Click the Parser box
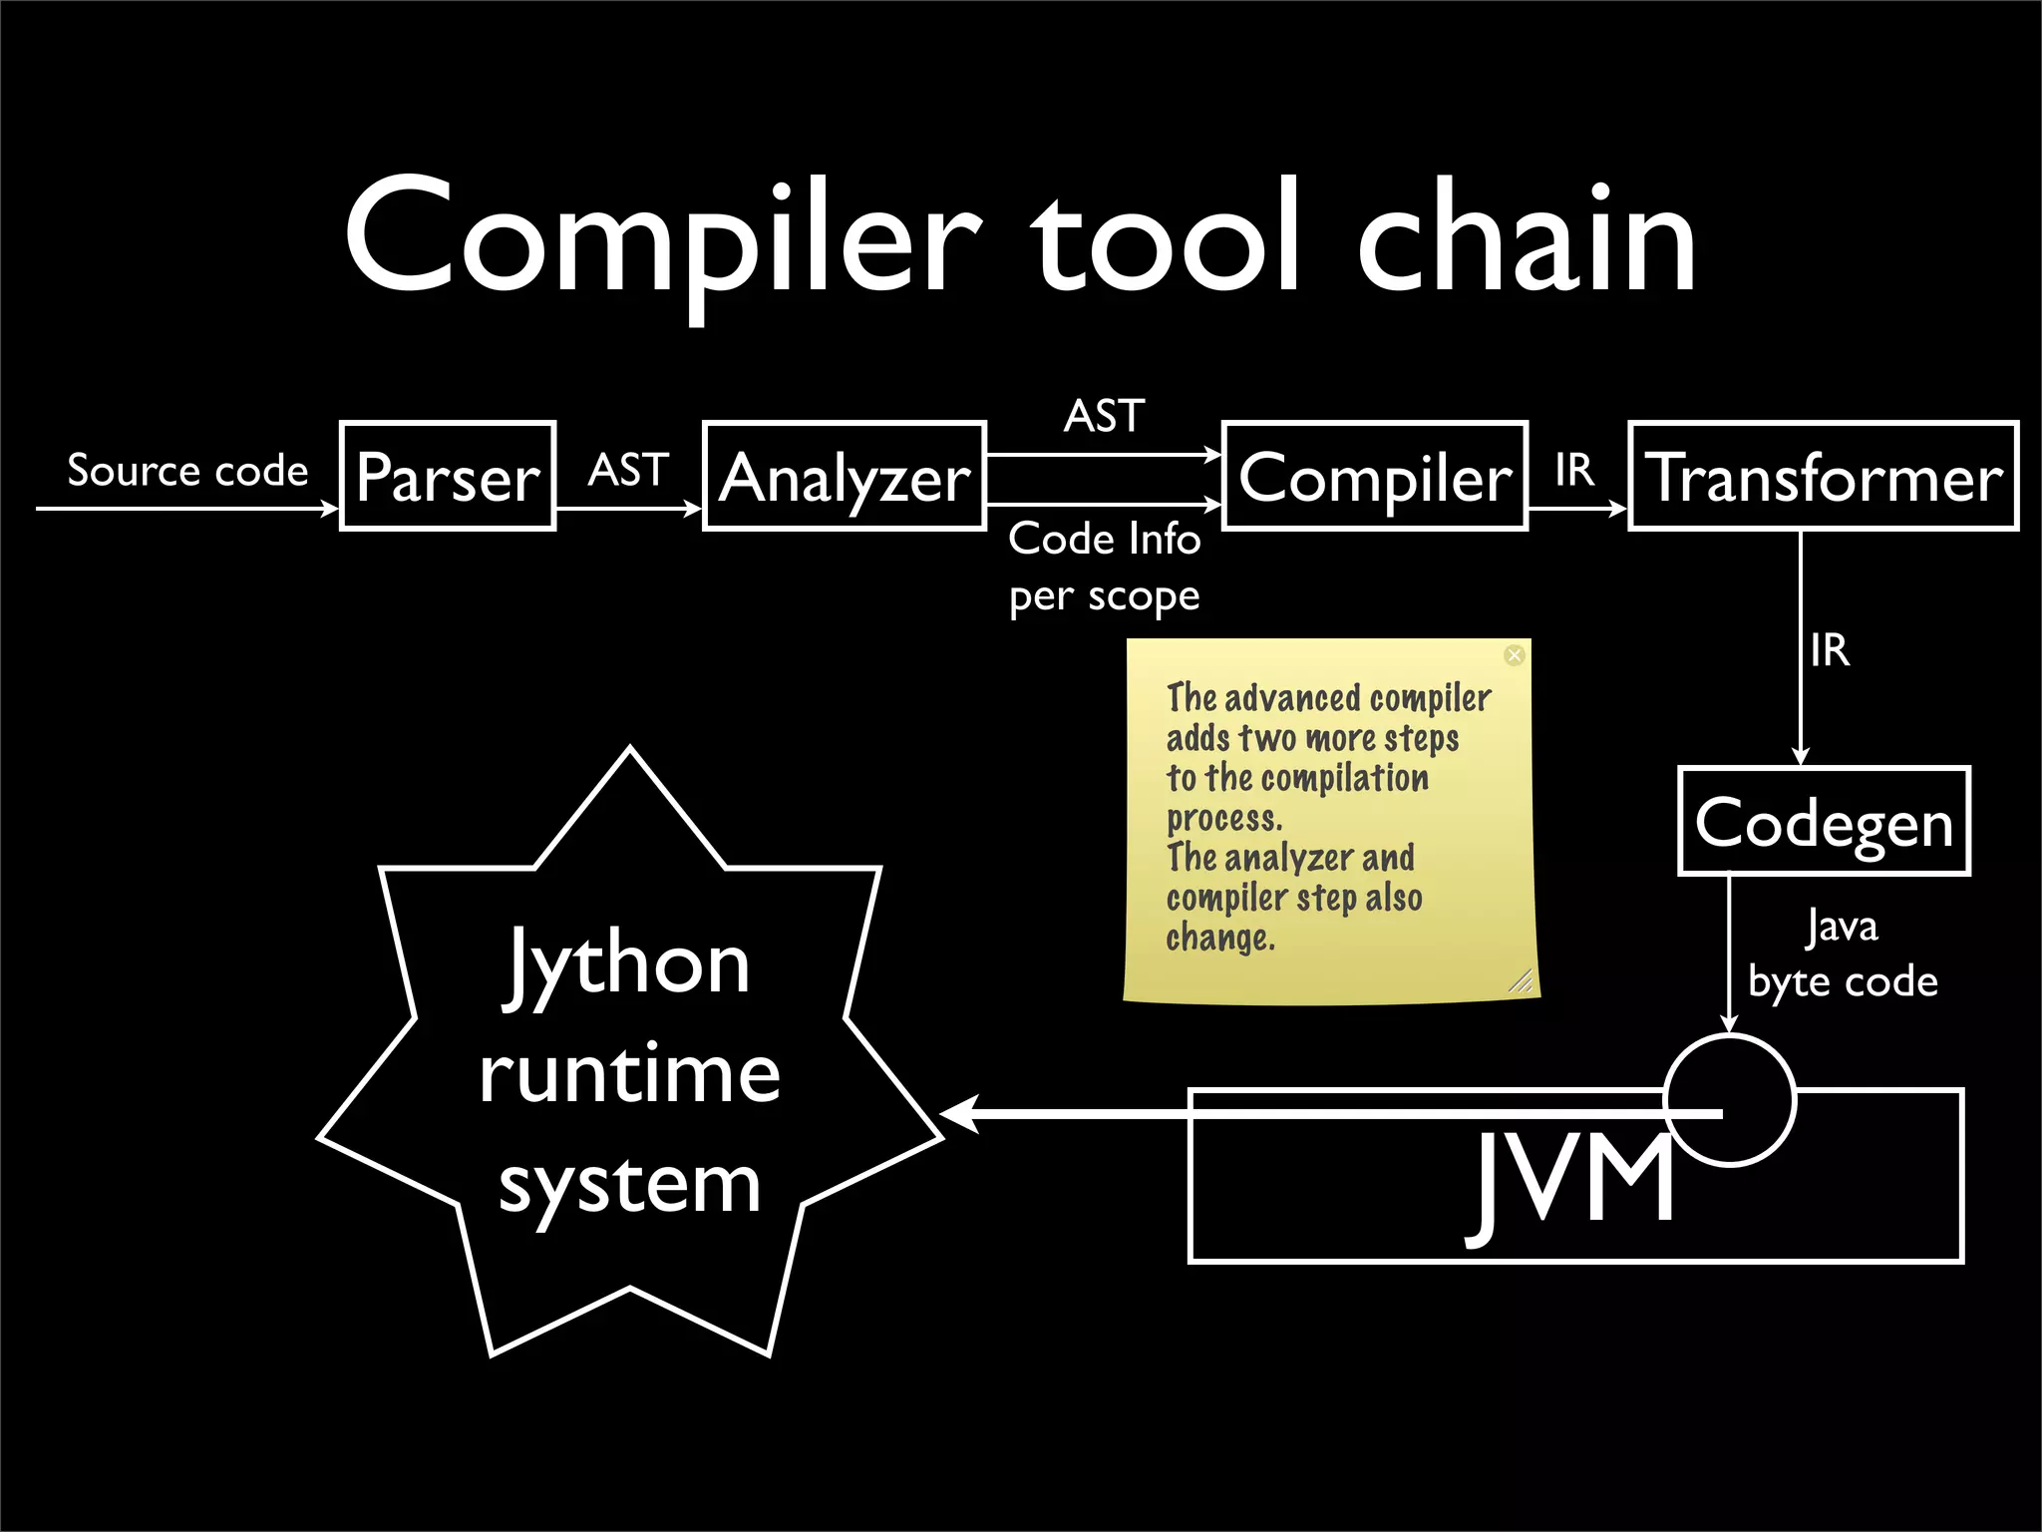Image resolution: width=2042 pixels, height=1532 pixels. pos(448,476)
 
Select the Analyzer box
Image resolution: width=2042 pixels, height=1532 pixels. pos(845,476)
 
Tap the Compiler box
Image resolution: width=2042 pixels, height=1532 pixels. pos(1375,476)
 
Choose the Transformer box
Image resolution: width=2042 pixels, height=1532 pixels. pos(1824,476)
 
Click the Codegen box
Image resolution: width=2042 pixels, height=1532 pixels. pos(1824,822)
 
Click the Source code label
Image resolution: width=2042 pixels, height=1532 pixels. pos(187,470)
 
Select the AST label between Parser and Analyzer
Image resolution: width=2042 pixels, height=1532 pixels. pos(628,470)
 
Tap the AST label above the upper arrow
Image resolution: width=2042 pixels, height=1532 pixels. pos(1104,416)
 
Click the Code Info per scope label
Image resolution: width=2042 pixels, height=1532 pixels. pos(1104,567)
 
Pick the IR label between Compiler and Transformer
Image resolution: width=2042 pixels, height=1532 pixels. pos(1574,470)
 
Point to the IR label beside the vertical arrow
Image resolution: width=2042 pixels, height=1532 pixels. pos(1830,650)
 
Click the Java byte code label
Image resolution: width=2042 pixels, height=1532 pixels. pos(1843,955)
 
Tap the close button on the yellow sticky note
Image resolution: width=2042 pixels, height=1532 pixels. pos(1514,655)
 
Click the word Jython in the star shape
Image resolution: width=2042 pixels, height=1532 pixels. pos(628,963)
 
